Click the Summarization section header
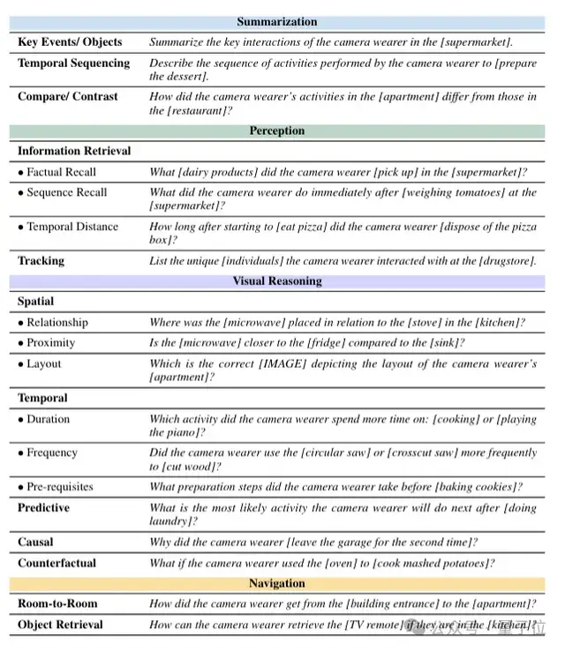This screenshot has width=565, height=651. pos(277,21)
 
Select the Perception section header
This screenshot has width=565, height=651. pos(276,131)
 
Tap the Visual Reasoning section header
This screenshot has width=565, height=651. pos(276,281)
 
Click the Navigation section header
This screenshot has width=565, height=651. pos(276,583)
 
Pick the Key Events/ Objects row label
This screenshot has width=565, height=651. pos(70,41)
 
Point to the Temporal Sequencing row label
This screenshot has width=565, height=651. pos(73,63)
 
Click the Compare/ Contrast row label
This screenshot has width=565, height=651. pos(67,96)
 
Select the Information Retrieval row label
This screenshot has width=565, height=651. pos(74,151)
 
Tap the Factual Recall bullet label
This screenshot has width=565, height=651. pos(60,172)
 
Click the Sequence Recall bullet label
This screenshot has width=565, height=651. pos(66,192)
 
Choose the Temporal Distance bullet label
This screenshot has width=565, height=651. pos(72,227)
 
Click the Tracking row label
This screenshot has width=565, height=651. pos(41,260)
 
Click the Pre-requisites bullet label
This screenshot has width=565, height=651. pos(59,487)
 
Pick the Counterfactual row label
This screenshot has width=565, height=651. pos(56,563)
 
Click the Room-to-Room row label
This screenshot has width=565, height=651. pos(57,603)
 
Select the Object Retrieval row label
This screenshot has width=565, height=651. pos(60,625)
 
